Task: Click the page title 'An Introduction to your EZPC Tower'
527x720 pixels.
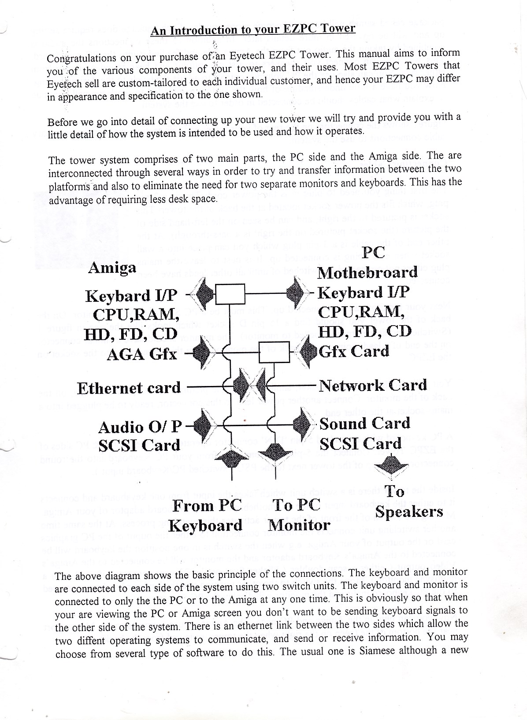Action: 253,30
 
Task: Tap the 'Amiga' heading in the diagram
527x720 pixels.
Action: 112,267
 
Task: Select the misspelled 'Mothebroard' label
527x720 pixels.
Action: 367,272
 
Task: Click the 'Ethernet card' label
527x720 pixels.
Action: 129,388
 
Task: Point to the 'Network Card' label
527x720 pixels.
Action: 373,385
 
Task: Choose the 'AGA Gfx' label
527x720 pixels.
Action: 141,353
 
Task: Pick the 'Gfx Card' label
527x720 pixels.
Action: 354,351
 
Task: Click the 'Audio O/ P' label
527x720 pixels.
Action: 140,427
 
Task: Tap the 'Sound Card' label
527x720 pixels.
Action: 364,423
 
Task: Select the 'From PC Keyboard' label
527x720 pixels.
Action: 206,515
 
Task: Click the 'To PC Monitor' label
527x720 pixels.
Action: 299,515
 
